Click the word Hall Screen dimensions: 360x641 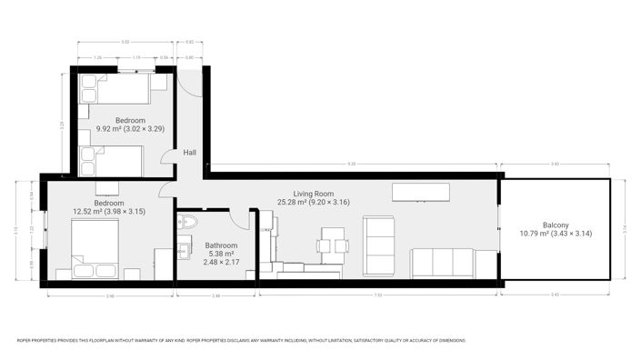(190, 153)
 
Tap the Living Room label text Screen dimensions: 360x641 (313, 193)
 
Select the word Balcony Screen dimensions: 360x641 (556, 225)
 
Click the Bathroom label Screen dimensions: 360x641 (221, 245)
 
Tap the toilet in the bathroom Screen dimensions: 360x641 (189, 221)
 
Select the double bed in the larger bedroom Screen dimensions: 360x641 (93, 250)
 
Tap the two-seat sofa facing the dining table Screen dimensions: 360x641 (378, 245)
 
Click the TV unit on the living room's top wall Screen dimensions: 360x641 (420, 192)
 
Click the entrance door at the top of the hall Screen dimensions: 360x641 (188, 82)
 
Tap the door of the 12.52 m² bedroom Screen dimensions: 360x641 (166, 190)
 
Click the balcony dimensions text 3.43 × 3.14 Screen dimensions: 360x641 (556, 234)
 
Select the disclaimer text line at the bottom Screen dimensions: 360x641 (242, 341)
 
